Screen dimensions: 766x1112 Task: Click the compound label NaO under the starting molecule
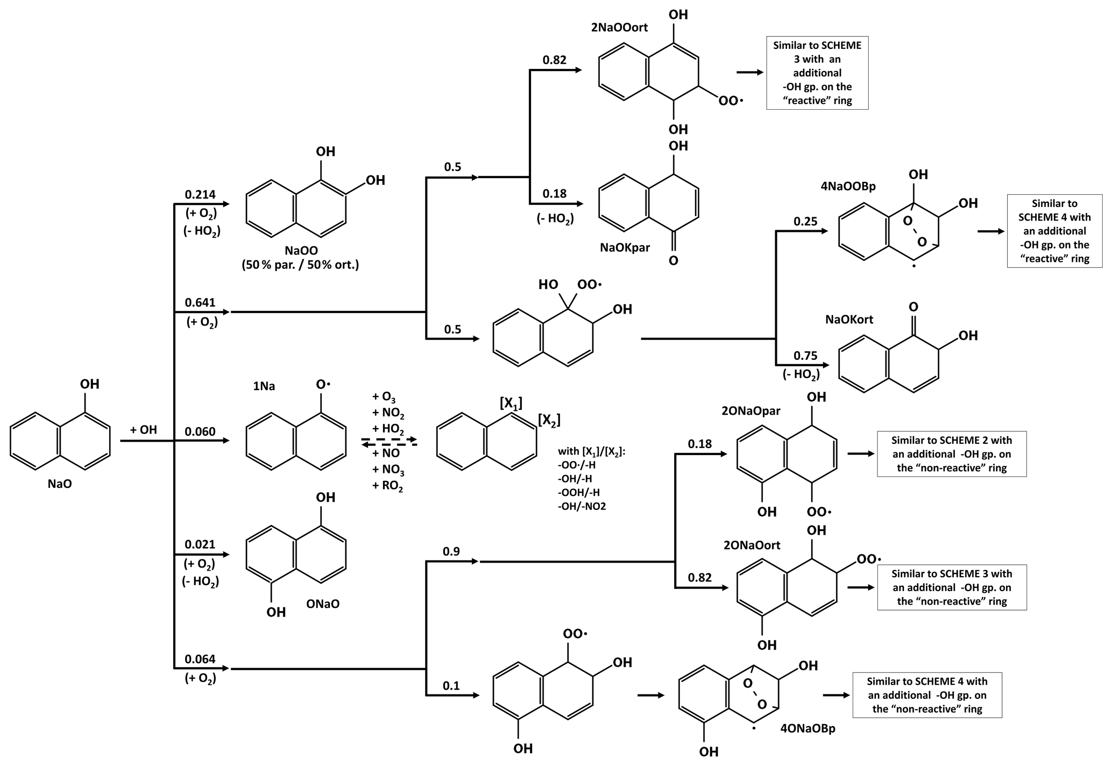click(59, 484)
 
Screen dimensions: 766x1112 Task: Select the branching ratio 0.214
click(200, 194)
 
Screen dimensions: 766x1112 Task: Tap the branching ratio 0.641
click(200, 302)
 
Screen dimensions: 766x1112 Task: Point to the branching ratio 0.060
click(200, 431)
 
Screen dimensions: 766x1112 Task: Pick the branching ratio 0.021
click(200, 544)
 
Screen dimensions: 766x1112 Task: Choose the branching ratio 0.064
click(200, 659)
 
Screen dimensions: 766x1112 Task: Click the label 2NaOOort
click(619, 27)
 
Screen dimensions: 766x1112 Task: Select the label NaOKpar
click(625, 247)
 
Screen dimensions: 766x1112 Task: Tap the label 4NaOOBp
click(848, 187)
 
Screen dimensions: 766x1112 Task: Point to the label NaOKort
click(849, 319)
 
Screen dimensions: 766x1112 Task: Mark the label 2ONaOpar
click(750, 411)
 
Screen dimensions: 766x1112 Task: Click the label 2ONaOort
click(752, 545)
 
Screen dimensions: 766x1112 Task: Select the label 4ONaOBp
click(808, 729)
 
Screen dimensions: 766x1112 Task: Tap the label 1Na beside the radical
click(264, 386)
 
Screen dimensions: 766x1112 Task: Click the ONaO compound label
click(323, 604)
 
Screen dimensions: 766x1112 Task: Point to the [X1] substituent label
click(511, 403)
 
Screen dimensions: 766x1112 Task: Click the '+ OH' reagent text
click(143, 430)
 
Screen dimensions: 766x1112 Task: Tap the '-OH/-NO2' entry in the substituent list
click(582, 506)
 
